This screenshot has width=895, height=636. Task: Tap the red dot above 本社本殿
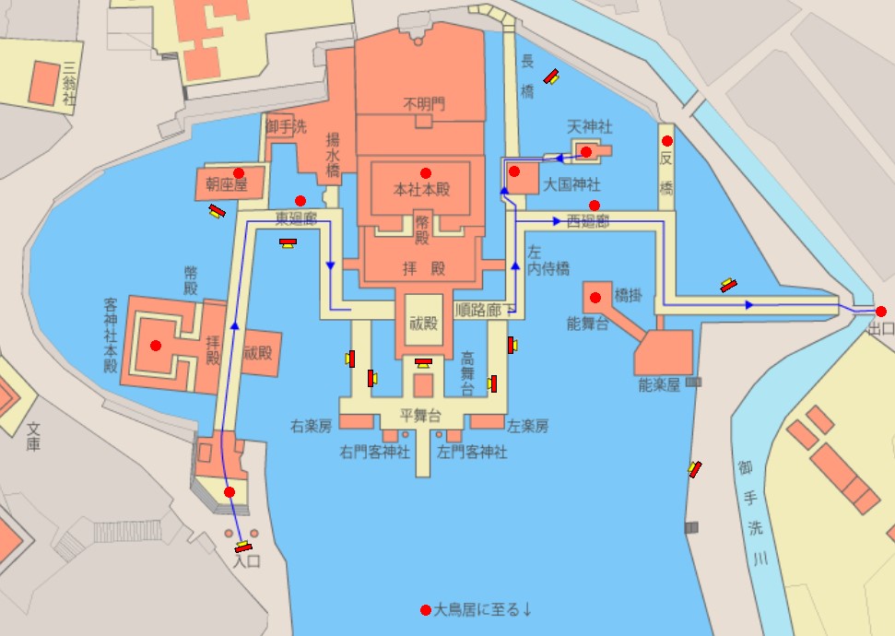tap(425, 173)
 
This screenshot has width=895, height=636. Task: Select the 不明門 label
tap(424, 104)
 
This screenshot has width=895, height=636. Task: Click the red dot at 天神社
tap(585, 151)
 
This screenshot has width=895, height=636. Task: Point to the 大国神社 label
tap(571, 184)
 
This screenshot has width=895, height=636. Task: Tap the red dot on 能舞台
tap(595, 297)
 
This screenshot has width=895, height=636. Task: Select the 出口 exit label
tap(880, 328)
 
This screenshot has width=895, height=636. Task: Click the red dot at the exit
tap(881, 312)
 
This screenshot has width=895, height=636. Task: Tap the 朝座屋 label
tap(227, 185)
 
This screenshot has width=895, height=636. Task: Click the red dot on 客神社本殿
tap(155, 346)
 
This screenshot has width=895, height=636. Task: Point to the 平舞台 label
tap(420, 414)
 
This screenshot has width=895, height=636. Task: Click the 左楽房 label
tap(528, 426)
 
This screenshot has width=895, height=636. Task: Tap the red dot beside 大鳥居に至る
tap(425, 610)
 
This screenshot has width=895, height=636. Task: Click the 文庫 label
tap(34, 436)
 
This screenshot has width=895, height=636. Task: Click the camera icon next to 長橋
tap(552, 77)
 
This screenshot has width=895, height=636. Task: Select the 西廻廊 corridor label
tap(588, 221)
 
